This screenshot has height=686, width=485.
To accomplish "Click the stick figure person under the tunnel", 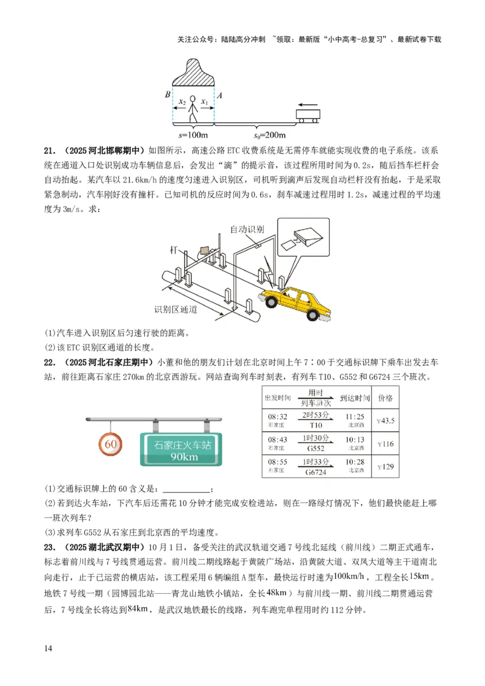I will (193, 108).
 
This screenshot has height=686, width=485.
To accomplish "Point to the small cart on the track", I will (307, 115).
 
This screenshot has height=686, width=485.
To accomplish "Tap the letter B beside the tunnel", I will (167, 95).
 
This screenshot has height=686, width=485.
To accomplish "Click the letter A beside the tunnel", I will (219, 95).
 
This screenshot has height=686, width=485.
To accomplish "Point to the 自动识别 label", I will (247, 229).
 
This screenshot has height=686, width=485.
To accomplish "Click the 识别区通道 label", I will (176, 309).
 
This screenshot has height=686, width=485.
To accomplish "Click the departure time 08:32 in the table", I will (276, 417).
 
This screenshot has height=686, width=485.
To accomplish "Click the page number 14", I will (48, 648).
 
